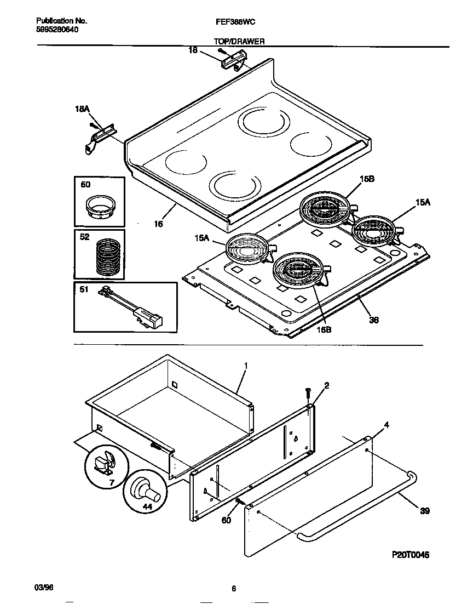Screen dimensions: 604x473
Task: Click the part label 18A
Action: click(x=82, y=110)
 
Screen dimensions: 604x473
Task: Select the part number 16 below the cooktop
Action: click(x=159, y=223)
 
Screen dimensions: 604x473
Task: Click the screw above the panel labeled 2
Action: click(x=308, y=392)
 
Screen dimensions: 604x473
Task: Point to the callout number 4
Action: click(x=387, y=425)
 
